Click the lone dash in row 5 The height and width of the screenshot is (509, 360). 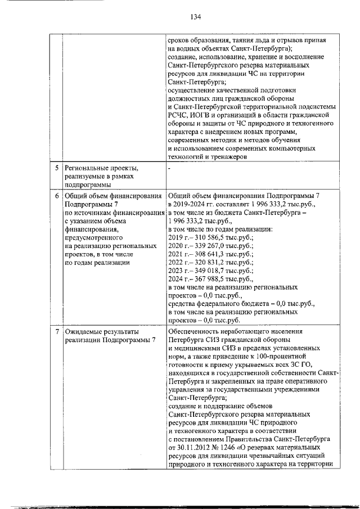point(169,168)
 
